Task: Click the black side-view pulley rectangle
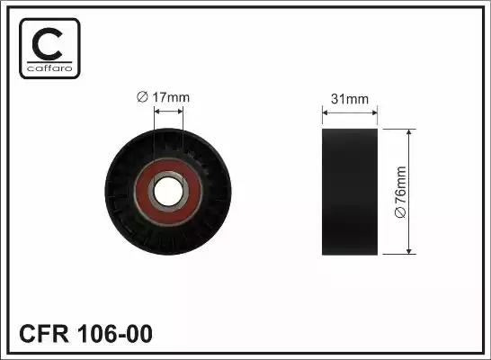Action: pyautogui.click(x=350, y=191)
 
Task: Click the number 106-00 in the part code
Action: pyautogui.click(x=114, y=334)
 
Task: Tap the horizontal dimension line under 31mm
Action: pyautogui.click(x=350, y=112)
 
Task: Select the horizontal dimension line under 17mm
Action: pyautogui.click(x=168, y=112)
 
